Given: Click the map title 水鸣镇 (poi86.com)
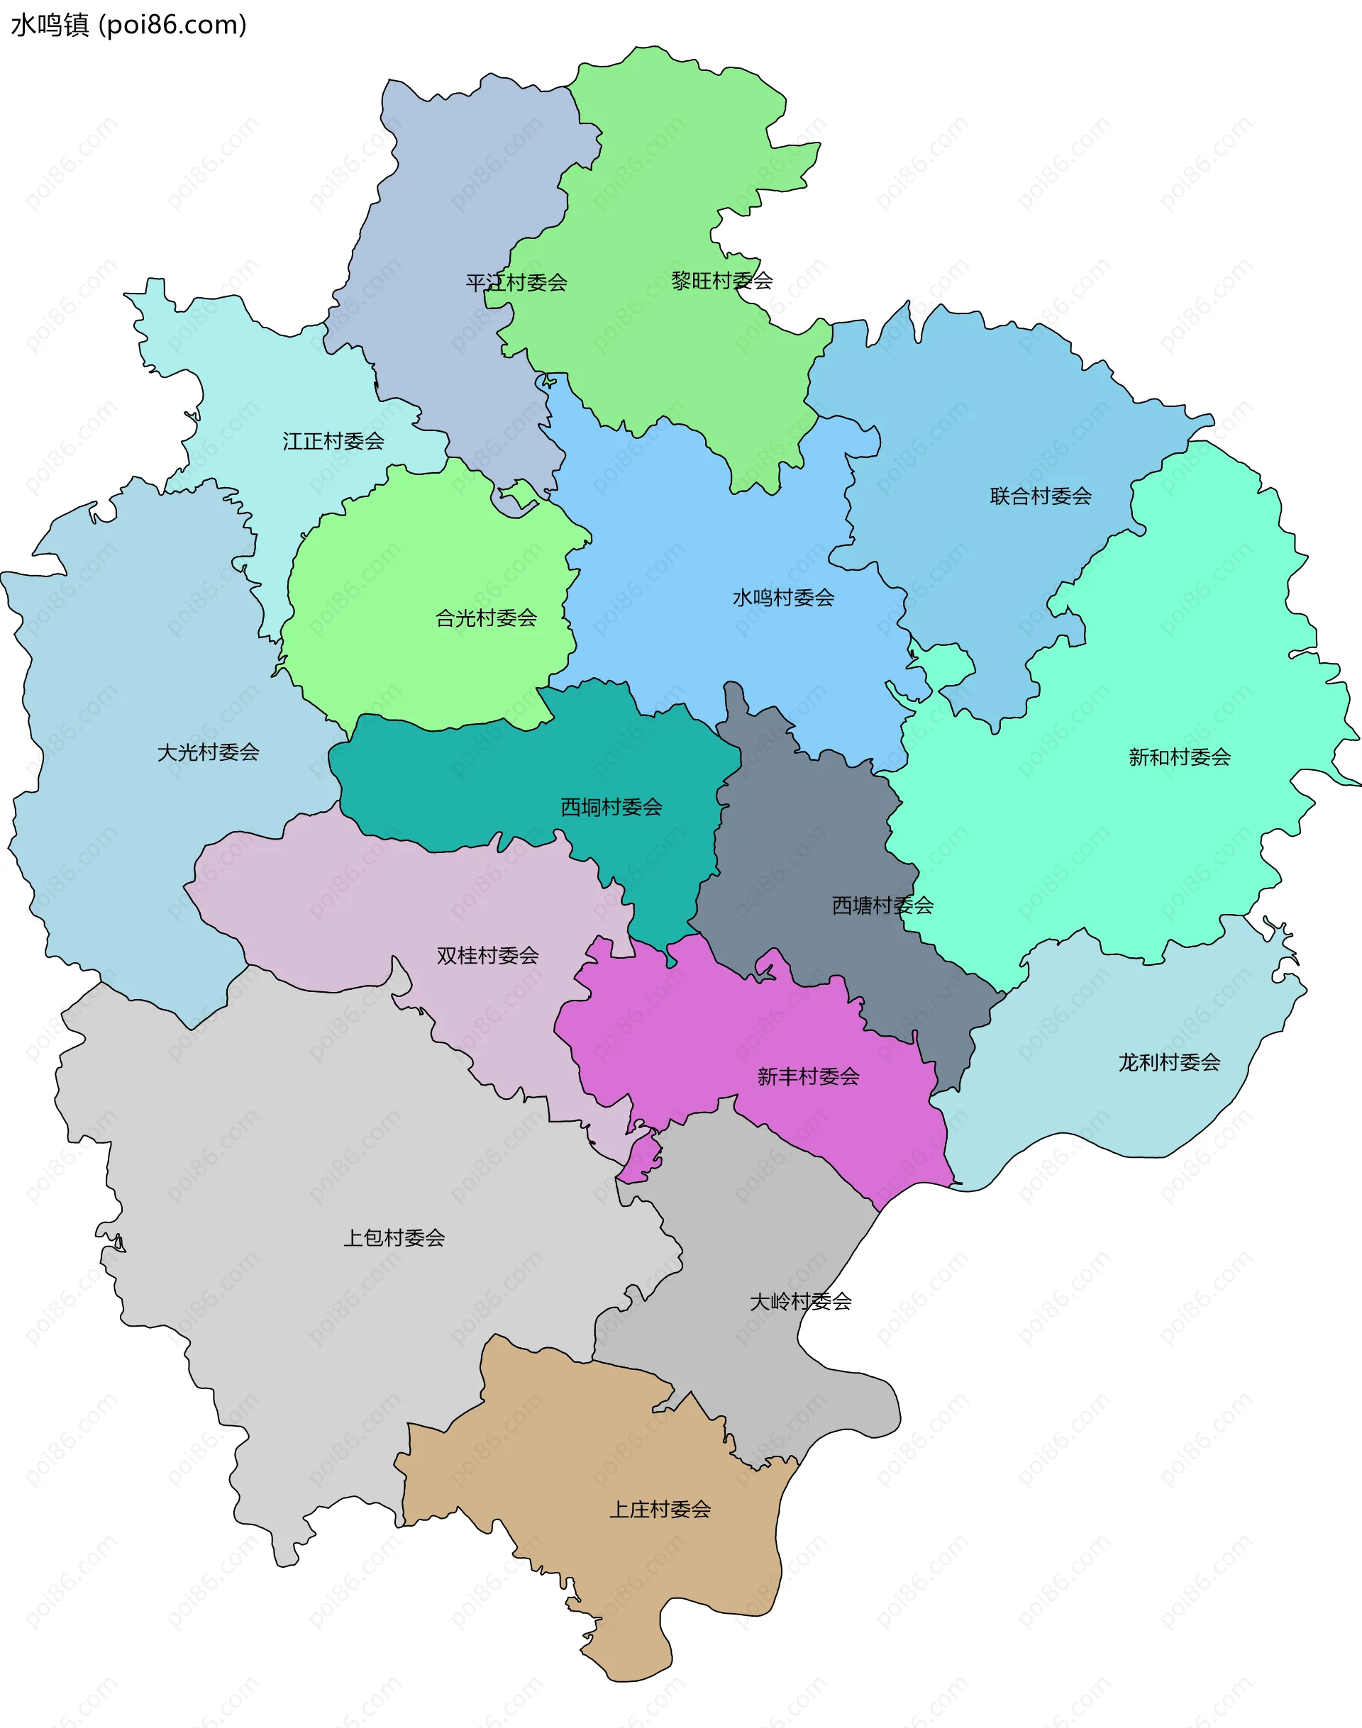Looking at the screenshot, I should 128,26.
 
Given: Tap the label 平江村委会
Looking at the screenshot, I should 516,282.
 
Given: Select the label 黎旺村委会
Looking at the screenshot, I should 721,281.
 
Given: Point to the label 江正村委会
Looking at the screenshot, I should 333,441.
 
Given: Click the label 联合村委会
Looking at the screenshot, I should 1041,496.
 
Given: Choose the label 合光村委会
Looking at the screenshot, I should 486,618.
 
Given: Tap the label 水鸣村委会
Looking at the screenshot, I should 783,598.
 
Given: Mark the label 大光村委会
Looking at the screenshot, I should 208,752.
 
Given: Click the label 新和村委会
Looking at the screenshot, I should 1180,757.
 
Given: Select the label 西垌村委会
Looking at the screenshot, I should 611,808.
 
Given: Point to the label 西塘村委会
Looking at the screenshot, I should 882,905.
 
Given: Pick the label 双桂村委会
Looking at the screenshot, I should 487,955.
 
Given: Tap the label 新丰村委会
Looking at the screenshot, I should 808,1077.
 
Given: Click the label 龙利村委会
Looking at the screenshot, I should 1169,1062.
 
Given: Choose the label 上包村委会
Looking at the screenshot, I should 394,1238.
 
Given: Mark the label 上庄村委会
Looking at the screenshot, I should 660,1510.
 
